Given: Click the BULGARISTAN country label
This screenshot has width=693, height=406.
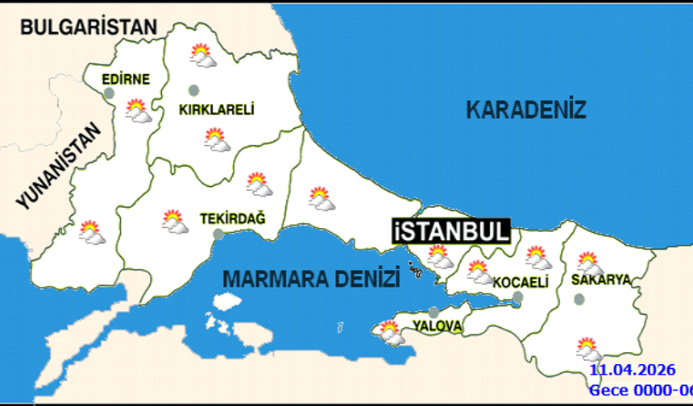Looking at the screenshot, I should [89, 27].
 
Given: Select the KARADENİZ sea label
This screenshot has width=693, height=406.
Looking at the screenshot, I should [526, 110].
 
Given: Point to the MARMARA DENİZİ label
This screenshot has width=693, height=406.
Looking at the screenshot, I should [311, 280].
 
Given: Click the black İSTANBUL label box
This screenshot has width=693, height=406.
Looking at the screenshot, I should [452, 230].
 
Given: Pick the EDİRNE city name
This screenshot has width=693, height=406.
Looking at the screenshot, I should [127, 79].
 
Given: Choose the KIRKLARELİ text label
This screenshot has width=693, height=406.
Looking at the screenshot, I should [217, 110].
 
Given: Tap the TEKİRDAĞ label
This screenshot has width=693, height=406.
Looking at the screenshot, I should [232, 217].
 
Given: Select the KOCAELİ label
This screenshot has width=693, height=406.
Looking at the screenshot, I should [521, 283].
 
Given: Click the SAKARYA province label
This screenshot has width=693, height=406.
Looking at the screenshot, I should [600, 280].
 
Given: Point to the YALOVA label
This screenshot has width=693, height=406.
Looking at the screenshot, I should [437, 326].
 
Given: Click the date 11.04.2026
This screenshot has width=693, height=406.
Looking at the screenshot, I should [632, 371].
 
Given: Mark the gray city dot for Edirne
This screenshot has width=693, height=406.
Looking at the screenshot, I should [110, 93].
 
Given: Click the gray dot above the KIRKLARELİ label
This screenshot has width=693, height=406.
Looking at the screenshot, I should [193, 89].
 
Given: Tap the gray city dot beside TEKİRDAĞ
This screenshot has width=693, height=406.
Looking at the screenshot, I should [218, 234].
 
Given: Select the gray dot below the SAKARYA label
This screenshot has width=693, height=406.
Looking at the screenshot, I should [579, 300].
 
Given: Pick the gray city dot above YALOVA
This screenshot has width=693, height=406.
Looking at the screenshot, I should [434, 312].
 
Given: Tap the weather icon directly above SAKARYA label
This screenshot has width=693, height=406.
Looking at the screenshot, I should [590, 263].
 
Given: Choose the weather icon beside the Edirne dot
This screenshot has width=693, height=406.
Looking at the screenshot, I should [138, 110].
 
